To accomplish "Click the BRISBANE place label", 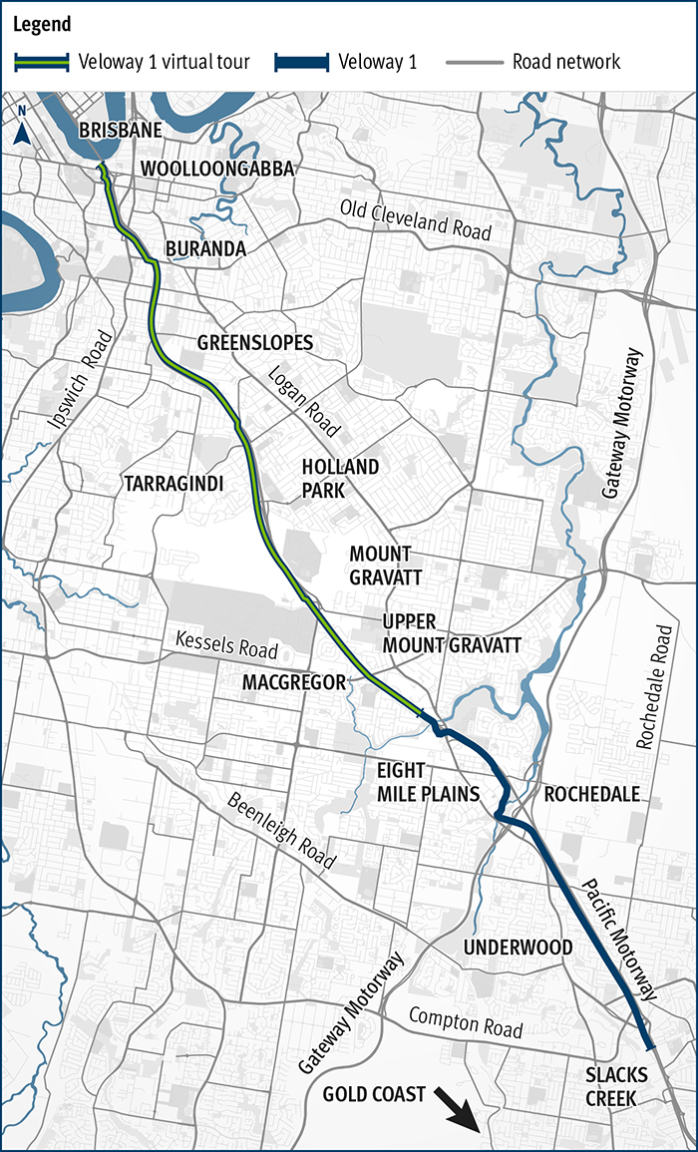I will [x=120, y=131].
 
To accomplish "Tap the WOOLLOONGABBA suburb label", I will [x=217, y=169].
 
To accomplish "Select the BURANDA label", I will [x=205, y=248].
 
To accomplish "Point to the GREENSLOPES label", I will [x=254, y=343].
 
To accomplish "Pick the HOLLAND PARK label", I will [x=340, y=479].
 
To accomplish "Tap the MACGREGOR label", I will [x=293, y=681].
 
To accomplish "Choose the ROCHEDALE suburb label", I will [x=590, y=794].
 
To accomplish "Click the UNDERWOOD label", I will [x=519, y=947].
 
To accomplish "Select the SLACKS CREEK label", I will [x=616, y=1085].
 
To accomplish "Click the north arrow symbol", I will [x=22, y=136].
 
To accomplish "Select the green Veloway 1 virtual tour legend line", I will [x=43, y=62].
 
